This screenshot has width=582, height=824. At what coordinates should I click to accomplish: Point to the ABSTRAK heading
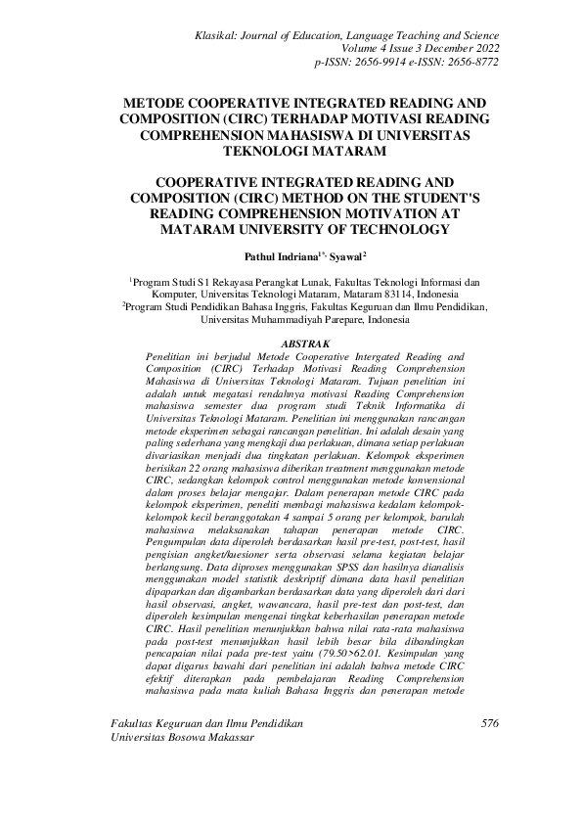[x=304, y=344]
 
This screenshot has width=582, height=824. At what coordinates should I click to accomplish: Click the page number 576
[x=490, y=751]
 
